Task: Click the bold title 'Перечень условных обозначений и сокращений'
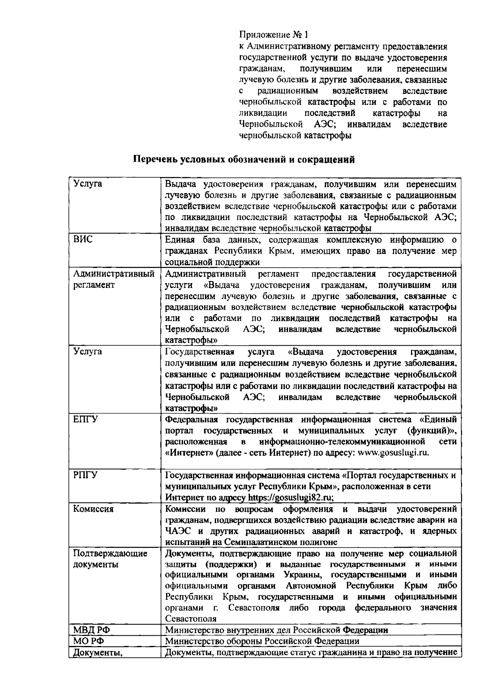(245, 160)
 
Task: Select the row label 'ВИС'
(83, 239)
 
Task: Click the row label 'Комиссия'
(93, 509)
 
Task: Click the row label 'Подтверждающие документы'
(110, 559)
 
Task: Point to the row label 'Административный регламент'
(113, 279)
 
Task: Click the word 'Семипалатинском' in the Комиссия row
(269, 542)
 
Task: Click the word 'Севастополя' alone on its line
(191, 619)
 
